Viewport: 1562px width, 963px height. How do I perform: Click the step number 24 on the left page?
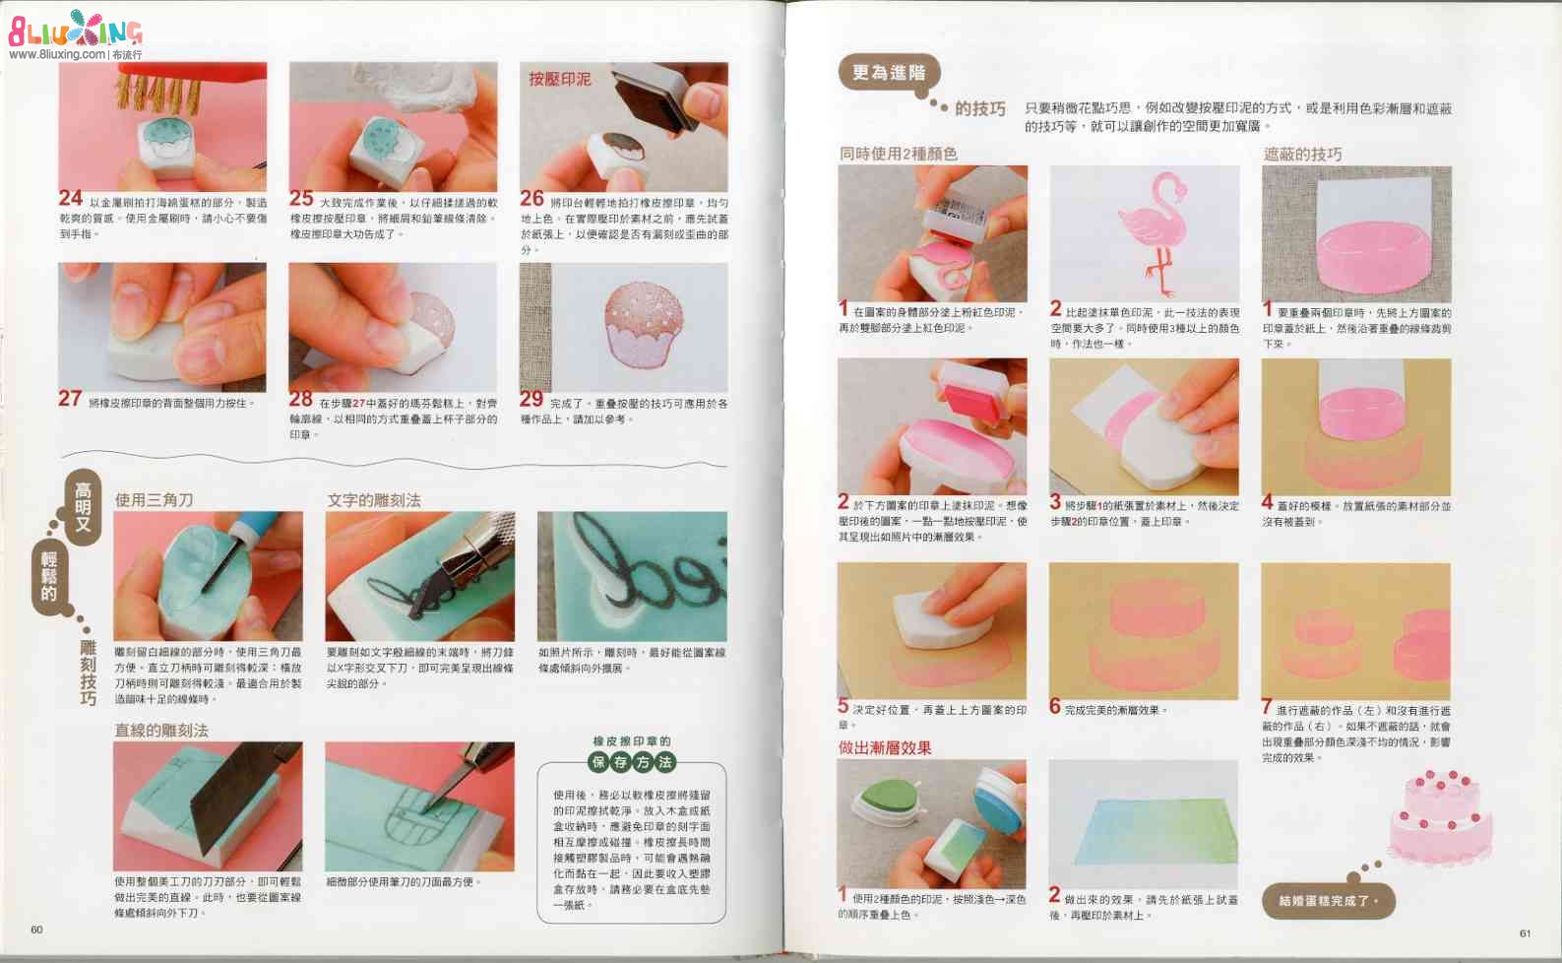[x=70, y=199]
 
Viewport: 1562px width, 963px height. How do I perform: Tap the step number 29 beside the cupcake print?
[x=531, y=399]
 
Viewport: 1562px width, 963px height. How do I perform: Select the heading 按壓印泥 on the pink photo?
[x=560, y=79]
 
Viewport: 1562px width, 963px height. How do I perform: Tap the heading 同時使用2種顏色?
[x=898, y=154]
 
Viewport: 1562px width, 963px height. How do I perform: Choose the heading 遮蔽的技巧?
[x=1302, y=154]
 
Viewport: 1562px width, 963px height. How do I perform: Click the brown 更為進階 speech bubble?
[x=889, y=73]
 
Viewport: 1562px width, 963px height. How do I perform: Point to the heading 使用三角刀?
[x=154, y=500]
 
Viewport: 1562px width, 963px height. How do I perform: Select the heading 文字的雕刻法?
[x=374, y=500]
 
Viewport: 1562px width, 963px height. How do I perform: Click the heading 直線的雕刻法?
[x=161, y=730]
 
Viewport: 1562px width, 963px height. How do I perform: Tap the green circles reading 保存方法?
[x=632, y=761]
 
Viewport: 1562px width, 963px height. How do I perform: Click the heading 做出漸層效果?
[x=884, y=747]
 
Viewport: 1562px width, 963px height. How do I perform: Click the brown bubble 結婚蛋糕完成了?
[x=1328, y=900]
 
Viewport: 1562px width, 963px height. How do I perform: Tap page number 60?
[x=36, y=930]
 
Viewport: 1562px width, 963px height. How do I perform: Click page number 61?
[x=1525, y=932]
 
